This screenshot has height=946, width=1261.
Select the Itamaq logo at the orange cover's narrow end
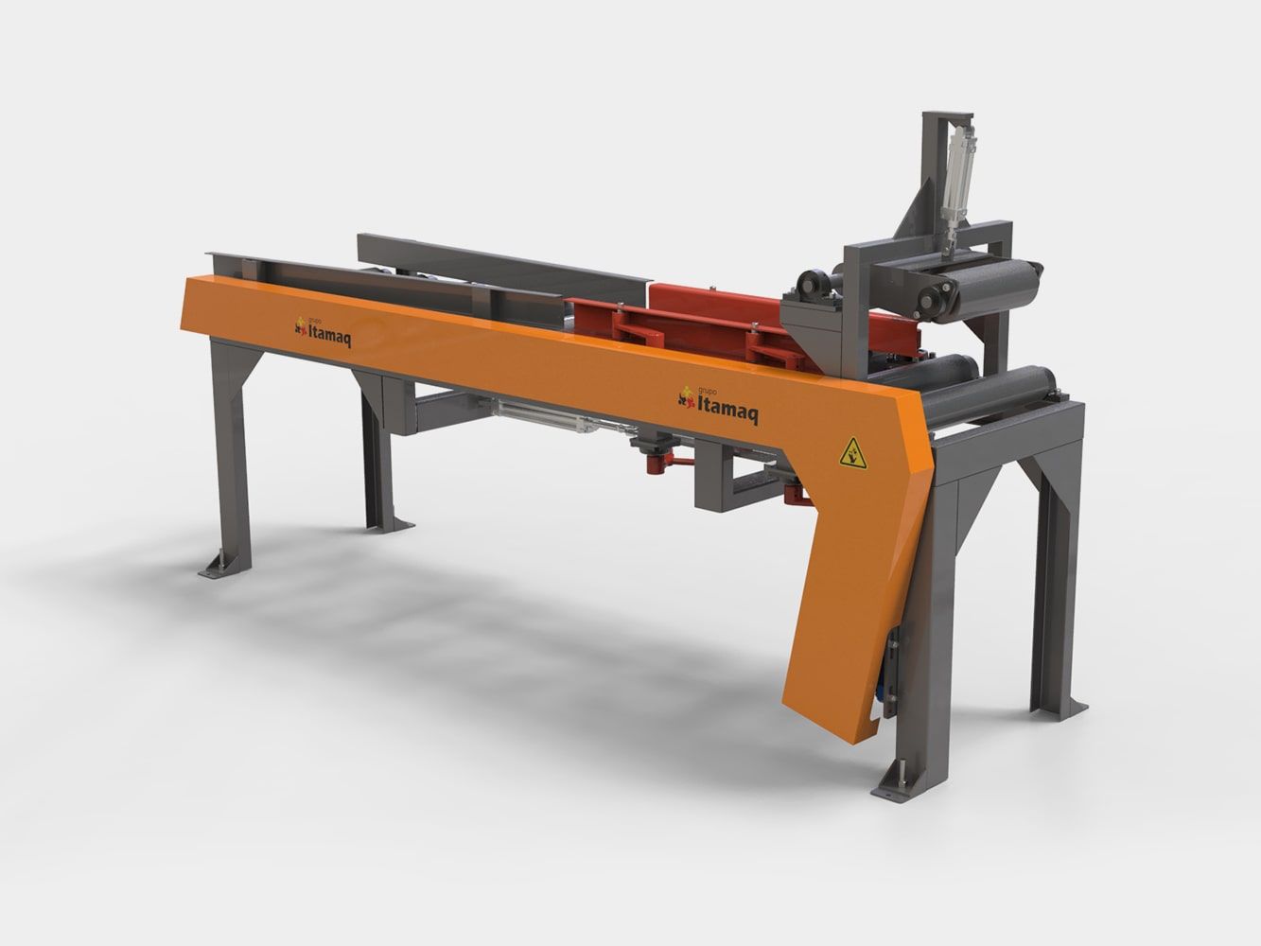click(x=322, y=332)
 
